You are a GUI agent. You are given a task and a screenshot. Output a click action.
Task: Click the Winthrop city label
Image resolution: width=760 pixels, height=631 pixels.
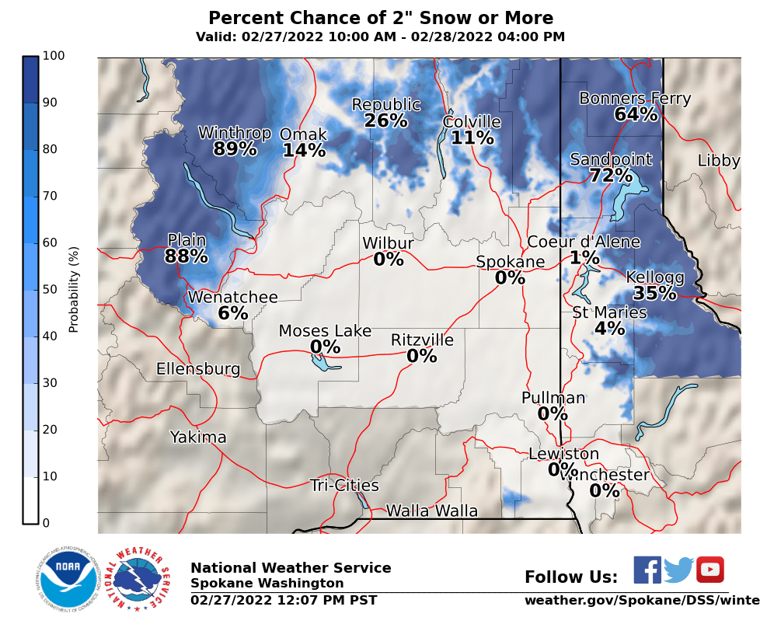tap(235, 133)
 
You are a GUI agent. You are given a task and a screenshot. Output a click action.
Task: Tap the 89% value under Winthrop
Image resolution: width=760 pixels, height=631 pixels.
tap(235, 149)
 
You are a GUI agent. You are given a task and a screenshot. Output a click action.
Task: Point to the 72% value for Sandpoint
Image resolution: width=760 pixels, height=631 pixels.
tap(611, 176)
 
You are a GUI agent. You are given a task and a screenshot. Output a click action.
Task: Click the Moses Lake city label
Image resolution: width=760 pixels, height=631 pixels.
tap(325, 332)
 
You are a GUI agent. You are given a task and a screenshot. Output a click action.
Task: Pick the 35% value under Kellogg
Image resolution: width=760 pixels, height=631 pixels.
tap(655, 294)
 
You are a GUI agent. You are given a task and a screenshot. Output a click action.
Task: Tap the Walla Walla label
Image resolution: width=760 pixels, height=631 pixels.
tap(432, 511)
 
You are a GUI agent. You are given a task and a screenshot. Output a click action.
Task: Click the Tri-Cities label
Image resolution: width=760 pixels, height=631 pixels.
tap(344, 486)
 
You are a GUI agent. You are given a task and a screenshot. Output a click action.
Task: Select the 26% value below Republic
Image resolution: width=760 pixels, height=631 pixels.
tap(385, 121)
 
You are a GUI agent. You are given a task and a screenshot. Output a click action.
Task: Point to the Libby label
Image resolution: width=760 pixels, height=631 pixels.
tap(719, 161)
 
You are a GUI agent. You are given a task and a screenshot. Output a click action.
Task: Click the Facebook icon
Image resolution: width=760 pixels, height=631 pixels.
tap(647, 570)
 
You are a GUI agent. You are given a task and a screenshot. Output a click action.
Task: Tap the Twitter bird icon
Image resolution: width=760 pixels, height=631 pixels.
tap(678, 570)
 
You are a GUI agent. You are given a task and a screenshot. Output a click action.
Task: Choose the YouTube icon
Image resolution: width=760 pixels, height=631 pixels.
tap(709, 570)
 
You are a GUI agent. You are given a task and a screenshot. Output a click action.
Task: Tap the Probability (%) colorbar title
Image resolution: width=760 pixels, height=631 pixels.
tap(75, 289)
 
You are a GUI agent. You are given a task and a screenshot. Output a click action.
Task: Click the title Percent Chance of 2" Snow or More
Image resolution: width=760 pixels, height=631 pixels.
tap(381, 19)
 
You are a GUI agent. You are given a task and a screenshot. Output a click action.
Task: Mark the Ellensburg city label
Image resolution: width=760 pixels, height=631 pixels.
tap(198, 369)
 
